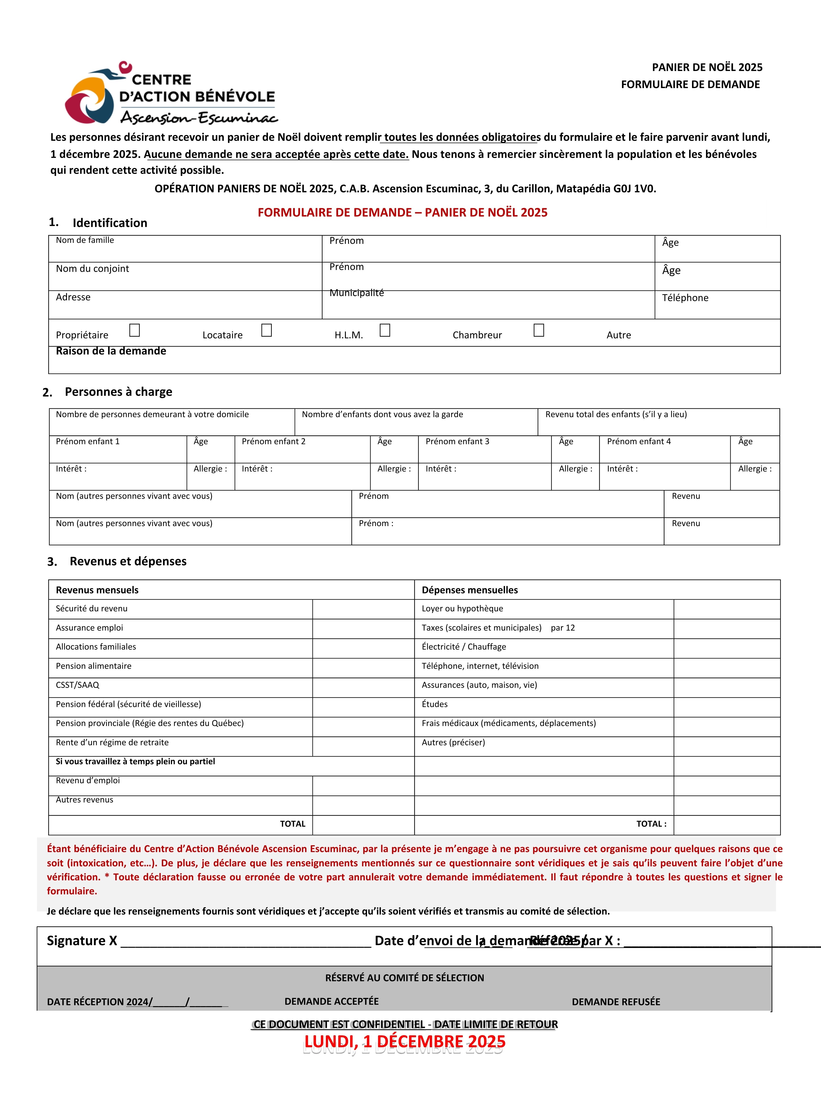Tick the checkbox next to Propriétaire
(x=134, y=330)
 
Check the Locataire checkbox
(x=266, y=330)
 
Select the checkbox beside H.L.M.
(x=385, y=330)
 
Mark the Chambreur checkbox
(x=539, y=330)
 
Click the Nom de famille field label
(x=85, y=240)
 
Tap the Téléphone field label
(x=685, y=298)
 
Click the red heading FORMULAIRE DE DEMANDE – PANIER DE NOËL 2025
(x=402, y=213)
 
